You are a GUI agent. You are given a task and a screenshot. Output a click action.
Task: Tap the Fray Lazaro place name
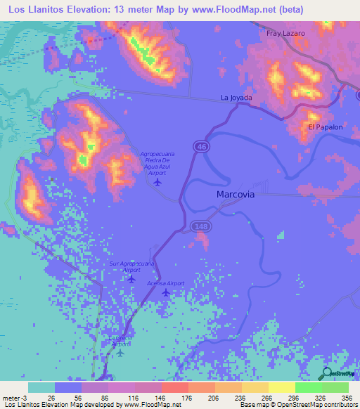[285, 33]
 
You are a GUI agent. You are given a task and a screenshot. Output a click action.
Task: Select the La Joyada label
[237, 97]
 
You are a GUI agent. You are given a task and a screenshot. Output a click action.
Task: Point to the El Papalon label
[325, 127]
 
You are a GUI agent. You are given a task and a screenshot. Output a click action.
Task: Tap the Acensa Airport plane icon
[165, 292]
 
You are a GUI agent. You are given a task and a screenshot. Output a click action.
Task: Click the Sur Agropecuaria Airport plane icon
[131, 279]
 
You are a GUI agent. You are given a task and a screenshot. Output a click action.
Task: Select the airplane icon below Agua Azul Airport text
[157, 183]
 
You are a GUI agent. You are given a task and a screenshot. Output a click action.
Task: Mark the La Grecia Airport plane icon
[120, 353]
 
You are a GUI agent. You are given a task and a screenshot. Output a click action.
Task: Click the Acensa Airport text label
[165, 283]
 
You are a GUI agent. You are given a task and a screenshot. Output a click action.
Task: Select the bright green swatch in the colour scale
[308, 387]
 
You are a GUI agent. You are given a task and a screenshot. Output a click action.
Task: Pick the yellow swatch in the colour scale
[281, 387]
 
